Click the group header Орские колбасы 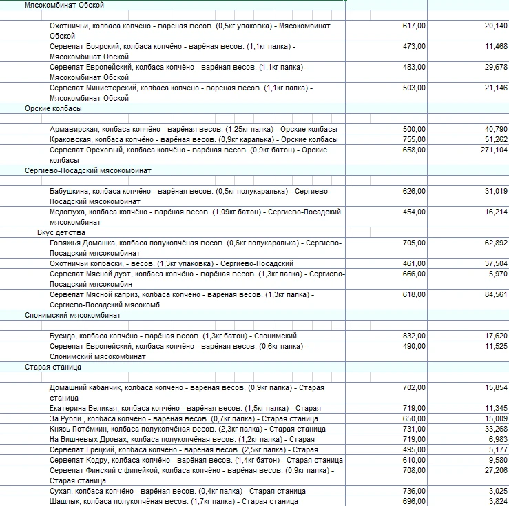coord(53,108)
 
